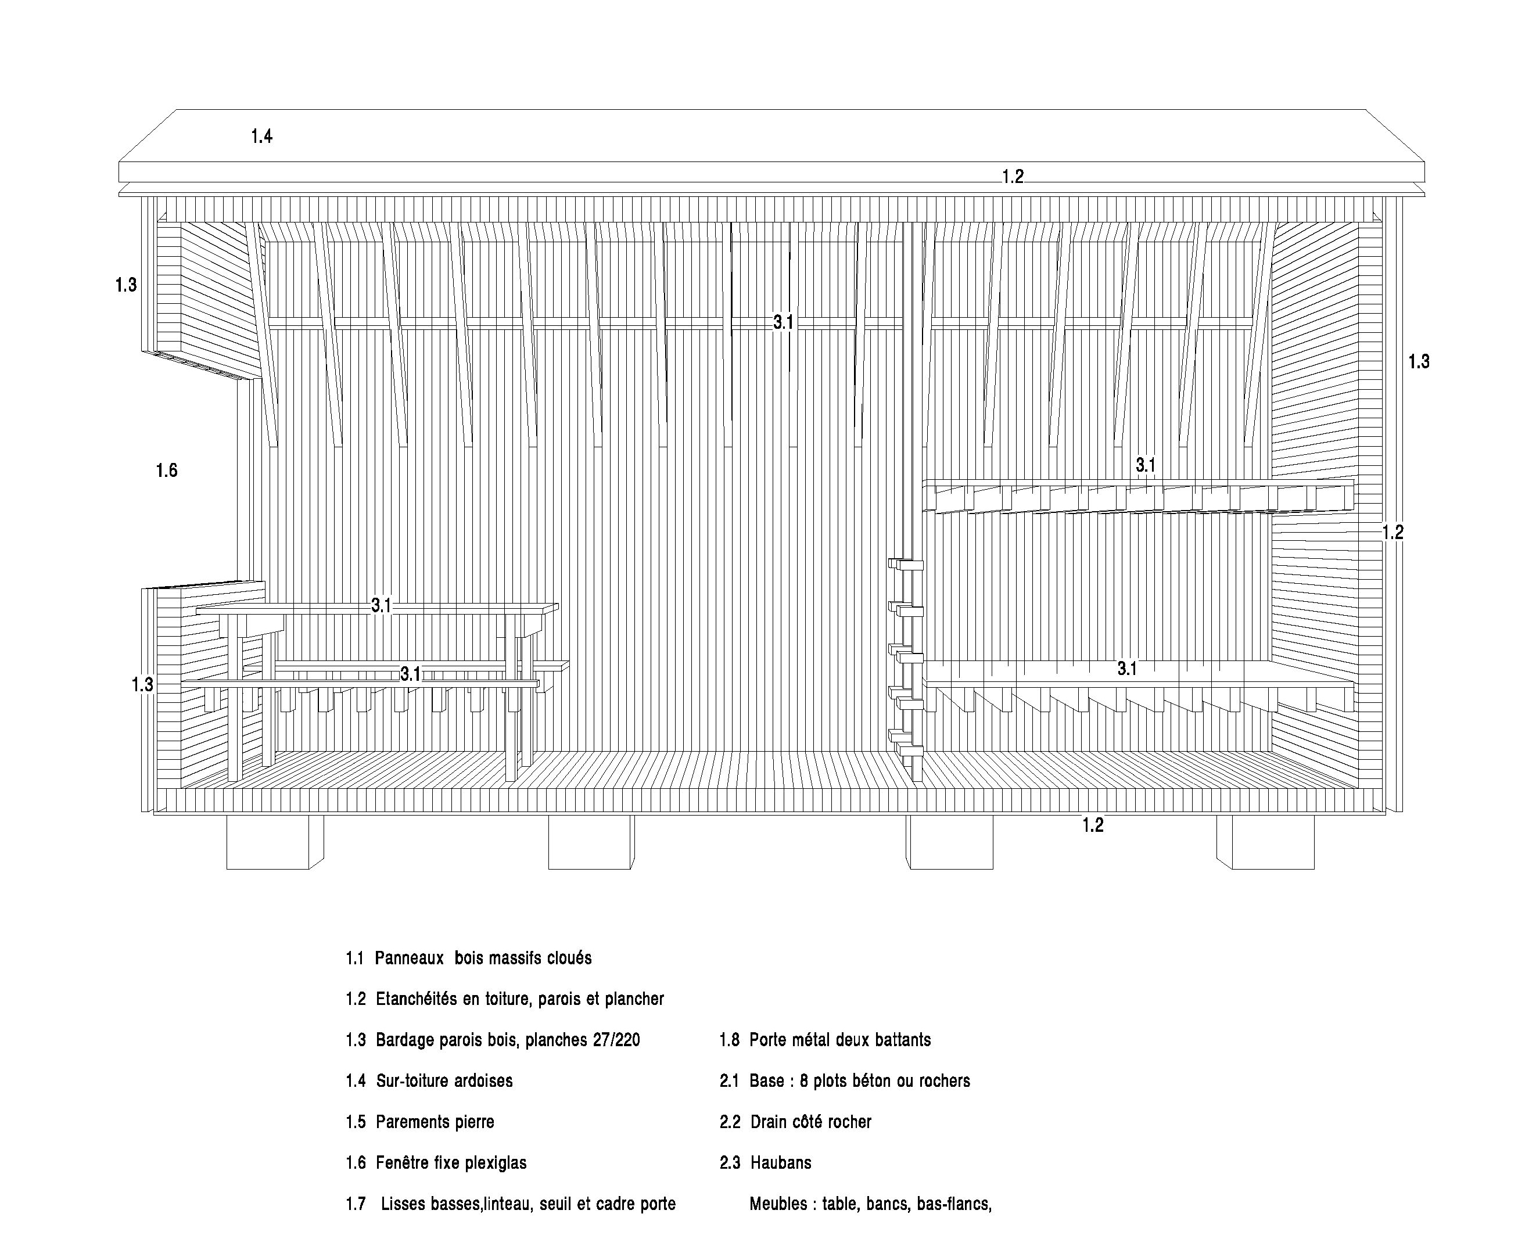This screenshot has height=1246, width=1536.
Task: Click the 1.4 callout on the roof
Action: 261,136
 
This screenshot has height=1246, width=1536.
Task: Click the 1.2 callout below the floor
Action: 1092,825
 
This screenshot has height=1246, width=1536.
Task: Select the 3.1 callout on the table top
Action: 381,606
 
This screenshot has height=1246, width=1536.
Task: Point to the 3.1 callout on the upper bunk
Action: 1146,465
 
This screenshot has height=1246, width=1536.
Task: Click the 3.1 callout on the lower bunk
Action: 1127,669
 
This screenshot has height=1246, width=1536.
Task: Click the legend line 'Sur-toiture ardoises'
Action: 444,1081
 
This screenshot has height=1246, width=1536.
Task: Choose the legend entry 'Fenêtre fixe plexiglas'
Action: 451,1163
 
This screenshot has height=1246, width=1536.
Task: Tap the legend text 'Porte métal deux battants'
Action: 840,1040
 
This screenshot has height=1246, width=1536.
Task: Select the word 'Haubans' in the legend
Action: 781,1163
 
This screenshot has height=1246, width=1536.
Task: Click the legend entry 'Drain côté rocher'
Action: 811,1122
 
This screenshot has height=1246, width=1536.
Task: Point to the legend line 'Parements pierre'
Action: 435,1122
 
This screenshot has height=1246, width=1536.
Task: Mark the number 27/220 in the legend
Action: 616,1040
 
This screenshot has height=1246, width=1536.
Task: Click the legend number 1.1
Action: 354,958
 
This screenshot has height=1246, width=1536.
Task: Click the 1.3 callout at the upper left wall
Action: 125,285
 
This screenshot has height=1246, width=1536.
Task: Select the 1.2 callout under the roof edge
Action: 1013,177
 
